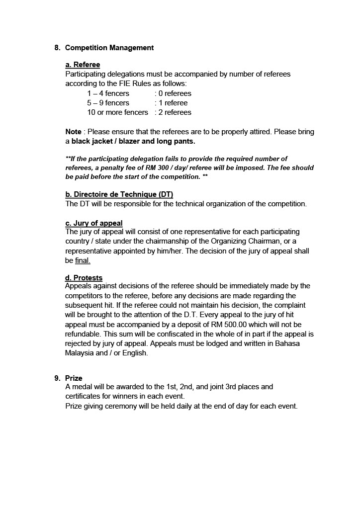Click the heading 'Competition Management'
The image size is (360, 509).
click(109, 48)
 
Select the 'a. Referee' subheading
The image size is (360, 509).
click(83, 65)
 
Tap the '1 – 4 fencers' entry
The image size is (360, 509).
click(108, 93)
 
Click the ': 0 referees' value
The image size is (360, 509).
click(173, 93)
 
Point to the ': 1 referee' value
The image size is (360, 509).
click(171, 103)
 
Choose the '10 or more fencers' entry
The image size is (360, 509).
click(117, 112)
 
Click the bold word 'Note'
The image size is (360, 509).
click(73, 132)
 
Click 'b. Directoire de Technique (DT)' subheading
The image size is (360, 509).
click(119, 194)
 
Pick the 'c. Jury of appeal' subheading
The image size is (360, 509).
click(94, 223)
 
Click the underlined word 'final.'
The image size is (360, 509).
click(83, 260)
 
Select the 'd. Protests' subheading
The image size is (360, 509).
click(84, 278)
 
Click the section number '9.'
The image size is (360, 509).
click(58, 378)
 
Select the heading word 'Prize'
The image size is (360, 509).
click(74, 378)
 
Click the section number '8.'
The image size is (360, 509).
click(58, 48)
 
